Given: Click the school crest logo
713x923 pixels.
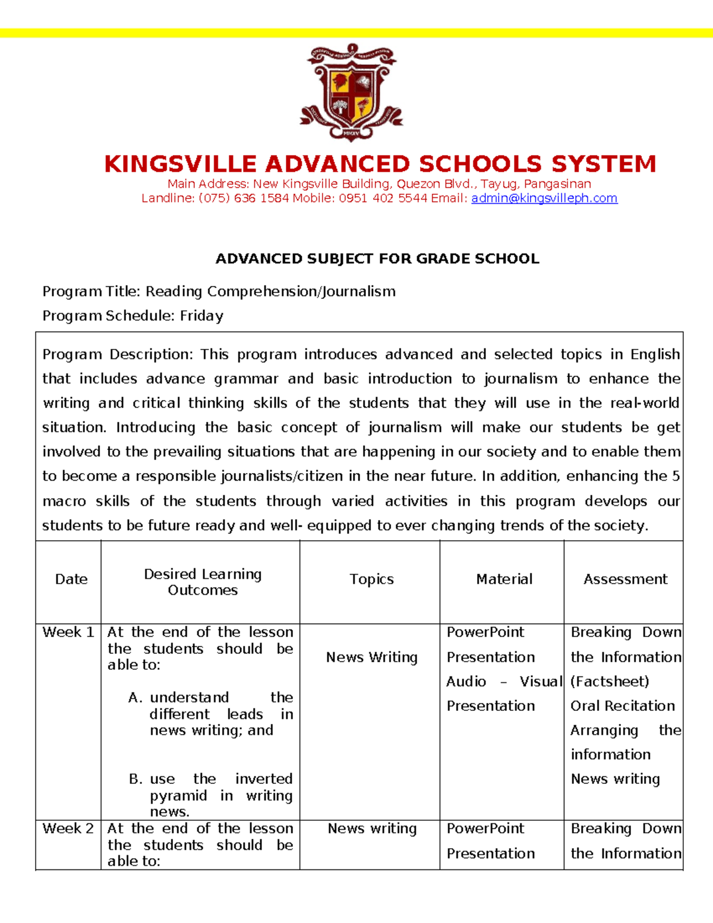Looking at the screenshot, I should [352, 92].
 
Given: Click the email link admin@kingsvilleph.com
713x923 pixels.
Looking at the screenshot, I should [544, 199].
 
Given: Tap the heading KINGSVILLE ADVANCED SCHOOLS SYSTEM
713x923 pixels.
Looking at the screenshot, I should [380, 164].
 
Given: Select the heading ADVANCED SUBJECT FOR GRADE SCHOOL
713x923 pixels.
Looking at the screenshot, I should [377, 259].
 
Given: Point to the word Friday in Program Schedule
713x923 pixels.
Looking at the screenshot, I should [201, 316].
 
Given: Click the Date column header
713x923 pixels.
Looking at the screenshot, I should [71, 579].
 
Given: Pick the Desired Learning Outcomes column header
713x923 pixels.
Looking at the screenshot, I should [203, 582].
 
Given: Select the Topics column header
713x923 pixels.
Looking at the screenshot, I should [371, 579].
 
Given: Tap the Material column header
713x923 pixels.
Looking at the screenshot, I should [504, 579].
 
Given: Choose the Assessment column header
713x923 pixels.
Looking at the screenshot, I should [625, 579].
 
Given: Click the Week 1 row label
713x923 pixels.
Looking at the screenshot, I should [68, 632].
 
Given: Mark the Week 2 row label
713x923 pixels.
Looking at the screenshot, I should [68, 829].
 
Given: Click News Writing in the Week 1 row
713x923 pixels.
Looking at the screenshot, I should [371, 657].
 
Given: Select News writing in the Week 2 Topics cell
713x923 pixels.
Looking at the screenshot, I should [372, 829].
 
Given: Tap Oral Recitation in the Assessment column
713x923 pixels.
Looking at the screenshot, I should [623, 706].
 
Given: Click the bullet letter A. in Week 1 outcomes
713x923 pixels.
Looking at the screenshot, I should [135, 698].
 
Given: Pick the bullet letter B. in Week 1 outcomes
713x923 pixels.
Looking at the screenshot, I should [135, 779].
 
